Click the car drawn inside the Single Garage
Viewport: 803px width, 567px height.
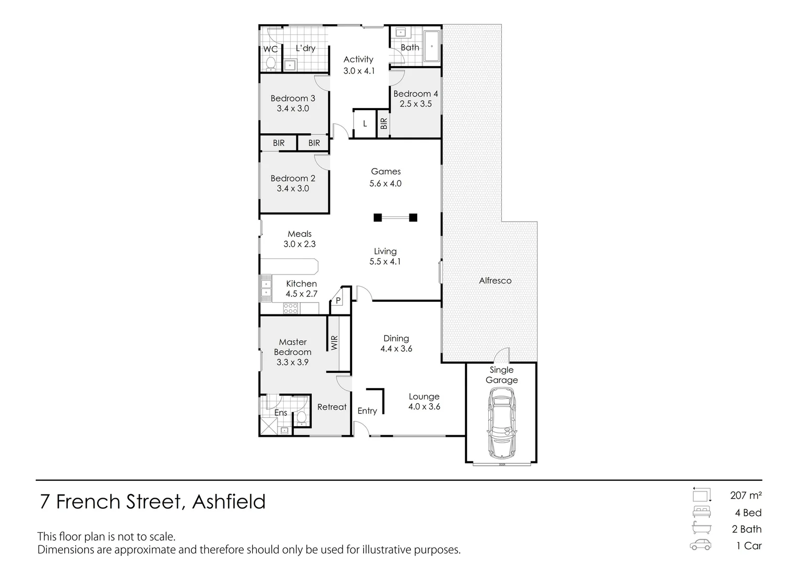(x=501, y=425)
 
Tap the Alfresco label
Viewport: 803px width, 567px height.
(x=495, y=281)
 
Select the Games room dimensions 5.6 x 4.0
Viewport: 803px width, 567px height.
(x=385, y=184)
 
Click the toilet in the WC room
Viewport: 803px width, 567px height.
(x=271, y=64)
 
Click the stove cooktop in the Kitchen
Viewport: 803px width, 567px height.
(x=291, y=308)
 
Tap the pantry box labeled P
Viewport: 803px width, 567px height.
(x=338, y=301)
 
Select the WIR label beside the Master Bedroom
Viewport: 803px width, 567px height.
(x=335, y=342)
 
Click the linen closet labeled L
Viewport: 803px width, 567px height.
(x=365, y=124)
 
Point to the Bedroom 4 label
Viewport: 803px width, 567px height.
(x=415, y=94)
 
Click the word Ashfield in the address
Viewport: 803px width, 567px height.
(x=229, y=502)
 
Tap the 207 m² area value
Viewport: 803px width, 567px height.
(x=745, y=495)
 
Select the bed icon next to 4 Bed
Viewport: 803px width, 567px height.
(x=701, y=512)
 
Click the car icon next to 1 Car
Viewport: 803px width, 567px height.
(x=701, y=545)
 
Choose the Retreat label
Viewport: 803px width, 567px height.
(x=332, y=407)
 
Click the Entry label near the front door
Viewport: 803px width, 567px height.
(x=367, y=411)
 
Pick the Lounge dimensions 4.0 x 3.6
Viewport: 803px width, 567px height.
(x=424, y=406)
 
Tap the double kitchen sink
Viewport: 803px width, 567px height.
(x=265, y=289)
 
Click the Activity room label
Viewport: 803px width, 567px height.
(x=358, y=60)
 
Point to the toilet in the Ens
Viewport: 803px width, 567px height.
(x=301, y=417)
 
